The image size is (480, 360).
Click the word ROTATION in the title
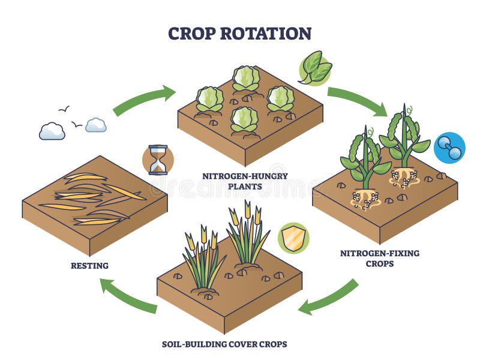click(x=266, y=34)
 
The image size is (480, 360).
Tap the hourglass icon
click(x=158, y=160)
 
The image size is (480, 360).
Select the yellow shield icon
click(x=293, y=238)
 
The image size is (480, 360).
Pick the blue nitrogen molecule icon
click(x=449, y=148)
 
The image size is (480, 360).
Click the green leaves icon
click(x=315, y=68)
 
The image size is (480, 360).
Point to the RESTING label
click(x=89, y=266)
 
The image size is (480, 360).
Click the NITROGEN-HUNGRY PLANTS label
click(x=245, y=181)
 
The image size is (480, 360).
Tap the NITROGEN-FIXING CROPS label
click(x=380, y=259)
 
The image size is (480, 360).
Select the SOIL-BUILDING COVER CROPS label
click(x=224, y=344)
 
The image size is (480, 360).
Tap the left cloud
click(x=52, y=131)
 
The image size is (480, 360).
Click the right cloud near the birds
click(x=96, y=125)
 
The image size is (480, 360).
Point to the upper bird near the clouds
click(x=64, y=109)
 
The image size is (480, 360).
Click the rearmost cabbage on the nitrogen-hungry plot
click(x=246, y=79)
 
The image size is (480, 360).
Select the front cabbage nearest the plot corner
click(x=244, y=120)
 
